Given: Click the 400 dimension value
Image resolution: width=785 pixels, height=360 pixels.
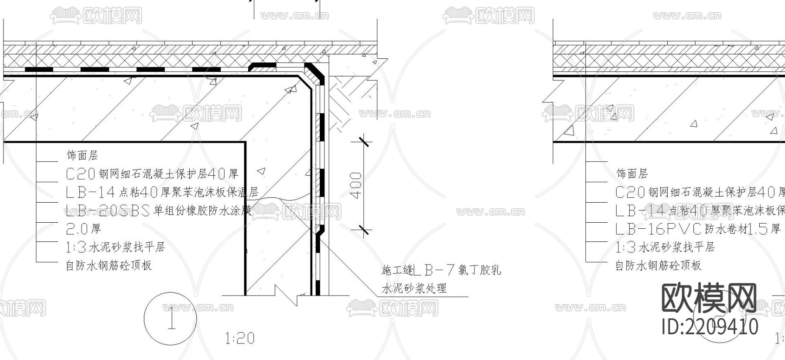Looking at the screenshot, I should click(x=356, y=186).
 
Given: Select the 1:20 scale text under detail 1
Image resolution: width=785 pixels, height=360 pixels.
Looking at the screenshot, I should click(x=239, y=338).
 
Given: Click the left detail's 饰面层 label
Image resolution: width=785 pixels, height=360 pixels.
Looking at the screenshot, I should click(x=82, y=155).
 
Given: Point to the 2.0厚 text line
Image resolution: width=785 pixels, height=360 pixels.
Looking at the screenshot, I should click(x=83, y=229).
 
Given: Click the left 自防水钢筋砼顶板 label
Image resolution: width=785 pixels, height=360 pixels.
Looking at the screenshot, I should click(x=109, y=265).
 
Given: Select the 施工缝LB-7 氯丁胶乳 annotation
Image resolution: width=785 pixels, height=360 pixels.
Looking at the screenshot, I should click(x=441, y=270).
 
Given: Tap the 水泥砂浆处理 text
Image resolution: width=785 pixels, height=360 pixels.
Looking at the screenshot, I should click(x=414, y=289).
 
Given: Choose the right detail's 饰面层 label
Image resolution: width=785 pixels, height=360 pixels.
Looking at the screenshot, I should click(x=632, y=173).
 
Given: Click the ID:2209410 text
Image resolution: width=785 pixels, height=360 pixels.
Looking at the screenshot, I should click(x=710, y=326).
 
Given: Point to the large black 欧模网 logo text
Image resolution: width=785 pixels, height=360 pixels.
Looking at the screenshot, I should click(x=710, y=298).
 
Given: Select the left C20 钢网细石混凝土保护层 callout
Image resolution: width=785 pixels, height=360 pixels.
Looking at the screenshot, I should click(x=152, y=174).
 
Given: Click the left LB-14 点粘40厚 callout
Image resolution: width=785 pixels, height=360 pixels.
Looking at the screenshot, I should click(x=162, y=192).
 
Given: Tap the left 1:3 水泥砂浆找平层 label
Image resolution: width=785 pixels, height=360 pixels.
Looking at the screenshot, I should click(x=115, y=247).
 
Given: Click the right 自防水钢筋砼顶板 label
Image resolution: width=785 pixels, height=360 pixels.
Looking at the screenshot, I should click(x=658, y=265).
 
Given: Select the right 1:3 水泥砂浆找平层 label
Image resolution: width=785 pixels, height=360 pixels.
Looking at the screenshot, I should click(x=665, y=247).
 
